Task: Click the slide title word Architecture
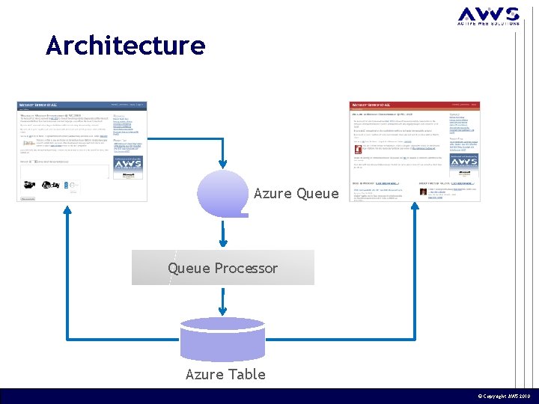(x=125, y=46)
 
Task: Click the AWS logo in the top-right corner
(x=488, y=16)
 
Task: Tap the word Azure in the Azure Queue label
(x=273, y=194)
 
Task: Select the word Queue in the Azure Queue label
(x=317, y=194)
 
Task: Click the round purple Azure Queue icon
(x=222, y=193)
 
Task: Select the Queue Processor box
(x=222, y=268)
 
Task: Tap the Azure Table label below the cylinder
(x=225, y=374)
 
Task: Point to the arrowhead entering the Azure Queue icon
(x=222, y=165)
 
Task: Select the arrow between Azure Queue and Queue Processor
(x=222, y=233)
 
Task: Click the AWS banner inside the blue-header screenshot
(x=130, y=165)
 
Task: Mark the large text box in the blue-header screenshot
(x=64, y=180)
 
